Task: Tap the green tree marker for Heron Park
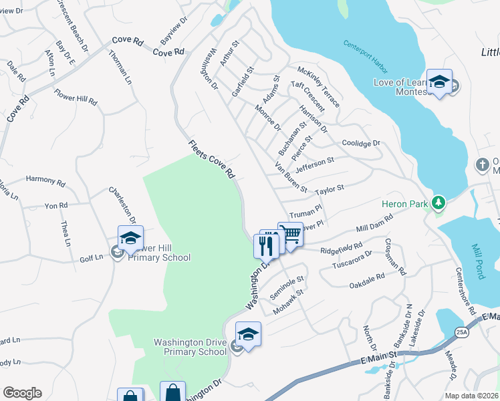click(438, 201)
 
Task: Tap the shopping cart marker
click(290, 235)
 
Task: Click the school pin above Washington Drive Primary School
click(248, 334)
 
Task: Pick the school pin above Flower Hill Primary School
click(130, 238)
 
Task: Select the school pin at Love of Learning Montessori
click(439, 82)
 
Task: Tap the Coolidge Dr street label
click(360, 143)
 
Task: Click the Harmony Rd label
click(45, 180)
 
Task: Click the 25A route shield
click(461, 331)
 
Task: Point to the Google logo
click(22, 393)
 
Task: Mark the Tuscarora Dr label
click(354, 259)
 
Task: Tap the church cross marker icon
click(482, 164)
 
